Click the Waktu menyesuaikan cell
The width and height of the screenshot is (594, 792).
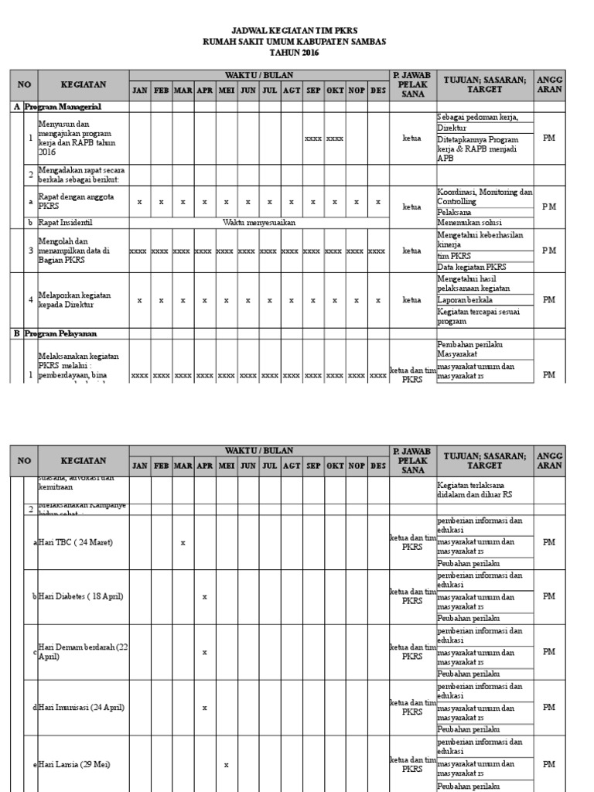click(259, 222)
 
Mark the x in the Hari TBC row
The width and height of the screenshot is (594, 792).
click(183, 542)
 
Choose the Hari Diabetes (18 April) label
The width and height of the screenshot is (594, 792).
click(80, 596)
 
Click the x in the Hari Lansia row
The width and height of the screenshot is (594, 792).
click(226, 765)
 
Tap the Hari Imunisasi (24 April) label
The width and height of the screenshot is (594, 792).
click(80, 708)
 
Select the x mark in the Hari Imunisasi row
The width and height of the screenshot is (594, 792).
click(204, 708)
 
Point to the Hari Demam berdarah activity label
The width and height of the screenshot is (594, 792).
click(82, 652)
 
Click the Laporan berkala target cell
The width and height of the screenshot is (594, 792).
click(466, 299)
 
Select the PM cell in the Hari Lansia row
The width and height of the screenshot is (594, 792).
click(548, 764)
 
